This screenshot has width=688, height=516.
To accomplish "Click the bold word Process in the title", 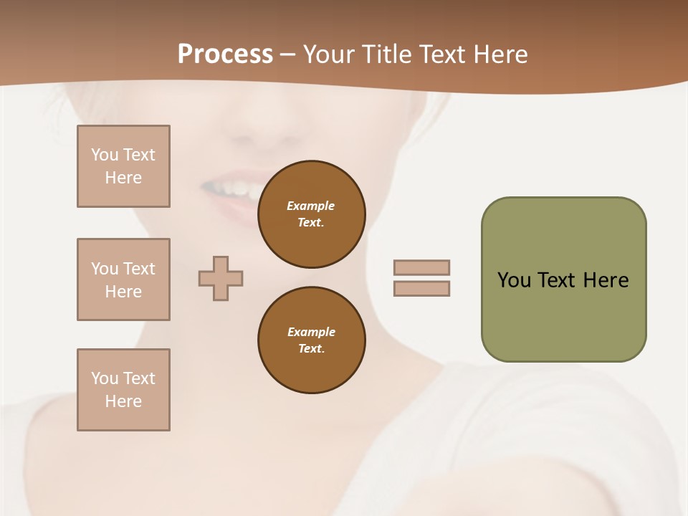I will coord(225,54).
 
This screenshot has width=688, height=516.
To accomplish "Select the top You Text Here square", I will coord(123,166).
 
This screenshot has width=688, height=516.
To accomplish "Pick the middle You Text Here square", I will coord(123,279).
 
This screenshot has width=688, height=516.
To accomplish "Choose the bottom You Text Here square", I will coord(123,390).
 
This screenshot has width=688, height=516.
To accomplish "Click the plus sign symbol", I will coord(221,278).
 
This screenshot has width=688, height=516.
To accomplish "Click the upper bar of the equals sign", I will coord(422,267).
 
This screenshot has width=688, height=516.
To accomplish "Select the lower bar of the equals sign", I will coord(422,288).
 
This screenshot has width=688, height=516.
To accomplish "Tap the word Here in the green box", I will coord(606,279).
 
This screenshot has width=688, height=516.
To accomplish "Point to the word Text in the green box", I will coord(558,279).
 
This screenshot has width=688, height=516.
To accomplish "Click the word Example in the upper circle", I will coord(311,206).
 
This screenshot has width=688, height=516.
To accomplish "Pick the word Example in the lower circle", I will coord(311,332).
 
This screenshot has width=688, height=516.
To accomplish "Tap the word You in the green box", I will coord(514,279).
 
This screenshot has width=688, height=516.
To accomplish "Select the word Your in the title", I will coord(331,54).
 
